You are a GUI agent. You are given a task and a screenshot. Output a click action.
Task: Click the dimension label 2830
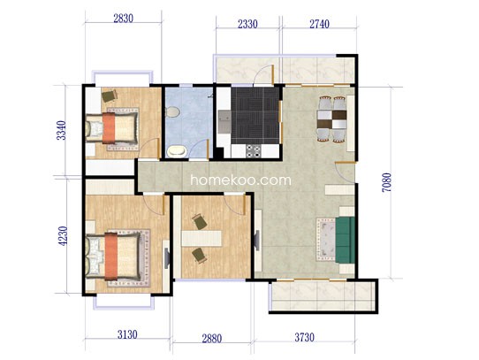[124, 19]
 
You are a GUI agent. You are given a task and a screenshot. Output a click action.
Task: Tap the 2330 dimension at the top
[247, 24]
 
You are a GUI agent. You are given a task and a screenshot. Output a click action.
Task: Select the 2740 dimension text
[320, 24]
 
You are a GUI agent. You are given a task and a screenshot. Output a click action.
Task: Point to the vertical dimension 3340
[61, 130]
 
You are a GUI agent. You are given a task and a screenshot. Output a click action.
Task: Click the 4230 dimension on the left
[63, 236]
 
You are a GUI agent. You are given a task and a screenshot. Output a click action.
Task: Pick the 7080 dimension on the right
[386, 182]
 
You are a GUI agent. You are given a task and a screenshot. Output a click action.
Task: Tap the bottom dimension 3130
[127, 334]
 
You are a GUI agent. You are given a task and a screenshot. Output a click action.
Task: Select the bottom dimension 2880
[212, 339]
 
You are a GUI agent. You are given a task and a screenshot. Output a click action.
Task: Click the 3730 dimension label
[304, 337]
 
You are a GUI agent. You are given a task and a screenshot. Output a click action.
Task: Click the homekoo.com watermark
[240, 180]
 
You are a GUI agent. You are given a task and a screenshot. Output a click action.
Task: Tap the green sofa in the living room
[346, 240]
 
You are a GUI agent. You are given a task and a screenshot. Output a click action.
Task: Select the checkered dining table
[331, 119]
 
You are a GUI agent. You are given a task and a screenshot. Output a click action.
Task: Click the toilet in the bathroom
[172, 111]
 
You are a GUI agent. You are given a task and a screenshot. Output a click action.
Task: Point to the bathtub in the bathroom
[177, 151]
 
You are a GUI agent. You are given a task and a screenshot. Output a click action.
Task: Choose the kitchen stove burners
[254, 150]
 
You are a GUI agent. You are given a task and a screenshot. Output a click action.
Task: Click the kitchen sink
[224, 118]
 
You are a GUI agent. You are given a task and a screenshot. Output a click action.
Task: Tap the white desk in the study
[201, 239]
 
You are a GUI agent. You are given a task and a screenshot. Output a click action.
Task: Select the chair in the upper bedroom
[109, 96]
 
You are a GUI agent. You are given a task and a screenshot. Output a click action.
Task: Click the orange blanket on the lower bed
[110, 257]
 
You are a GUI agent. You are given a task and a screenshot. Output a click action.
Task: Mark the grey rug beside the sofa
[326, 240]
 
